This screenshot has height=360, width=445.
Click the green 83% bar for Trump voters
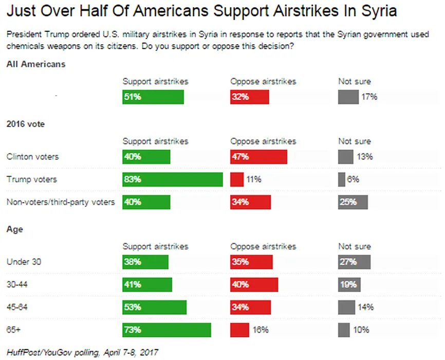coord(172,179)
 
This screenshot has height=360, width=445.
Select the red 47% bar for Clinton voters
coord(258,157)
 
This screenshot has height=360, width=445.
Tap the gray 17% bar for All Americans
coord(348,97)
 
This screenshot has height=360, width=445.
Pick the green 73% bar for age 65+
coord(166,330)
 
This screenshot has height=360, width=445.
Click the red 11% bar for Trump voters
coord(237,179)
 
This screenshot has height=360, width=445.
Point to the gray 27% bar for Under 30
coord(354,262)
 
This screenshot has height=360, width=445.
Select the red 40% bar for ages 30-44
coord(254,284)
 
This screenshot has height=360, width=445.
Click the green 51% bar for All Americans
coord(153,97)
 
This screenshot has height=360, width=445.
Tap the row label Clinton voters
coord(32,157)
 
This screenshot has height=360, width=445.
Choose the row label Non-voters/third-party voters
coord(61,202)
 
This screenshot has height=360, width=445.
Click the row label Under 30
coord(24,262)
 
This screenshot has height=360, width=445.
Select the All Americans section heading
coord(36,64)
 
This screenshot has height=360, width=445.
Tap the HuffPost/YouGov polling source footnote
coord(83,352)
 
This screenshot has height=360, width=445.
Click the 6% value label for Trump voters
coord(352,179)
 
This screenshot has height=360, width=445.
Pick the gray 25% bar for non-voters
coord(353,202)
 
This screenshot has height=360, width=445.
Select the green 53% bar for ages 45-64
coord(154,307)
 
